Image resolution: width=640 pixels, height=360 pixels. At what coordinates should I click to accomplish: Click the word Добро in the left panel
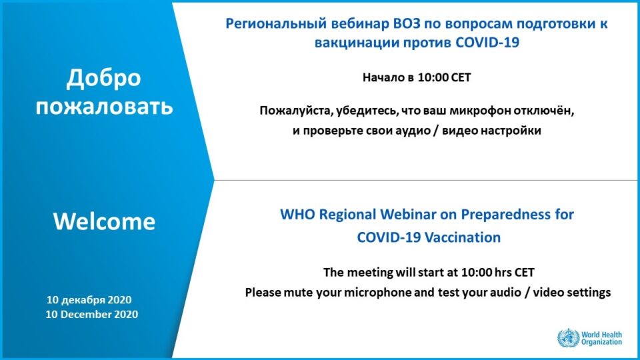point(104,79)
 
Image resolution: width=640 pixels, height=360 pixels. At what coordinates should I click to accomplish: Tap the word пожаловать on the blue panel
point(105,107)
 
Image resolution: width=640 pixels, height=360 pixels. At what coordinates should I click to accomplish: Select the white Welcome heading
point(104,221)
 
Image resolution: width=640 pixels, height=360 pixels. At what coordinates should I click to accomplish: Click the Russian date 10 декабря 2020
point(89,300)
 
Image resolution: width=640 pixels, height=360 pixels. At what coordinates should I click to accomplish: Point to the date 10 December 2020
point(92,314)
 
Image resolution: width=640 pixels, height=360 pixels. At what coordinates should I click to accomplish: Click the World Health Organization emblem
point(569,338)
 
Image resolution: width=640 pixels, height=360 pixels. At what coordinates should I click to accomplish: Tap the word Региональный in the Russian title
point(276,24)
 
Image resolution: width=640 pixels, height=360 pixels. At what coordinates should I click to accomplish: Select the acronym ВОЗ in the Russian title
point(407,23)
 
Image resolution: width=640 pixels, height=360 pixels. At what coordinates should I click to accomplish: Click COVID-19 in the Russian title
point(487,43)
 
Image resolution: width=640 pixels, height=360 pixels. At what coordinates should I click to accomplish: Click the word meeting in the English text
point(370,273)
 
